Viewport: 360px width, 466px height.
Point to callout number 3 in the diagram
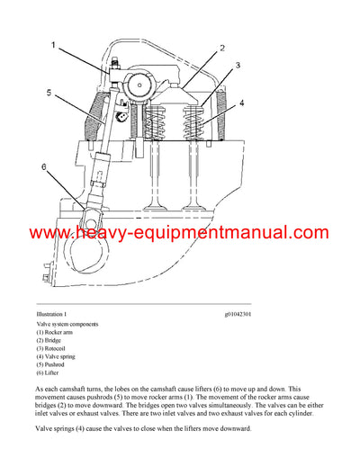pyautogui.click(x=237, y=66)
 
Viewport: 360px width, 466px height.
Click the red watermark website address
pyautogui.click(x=179, y=234)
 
